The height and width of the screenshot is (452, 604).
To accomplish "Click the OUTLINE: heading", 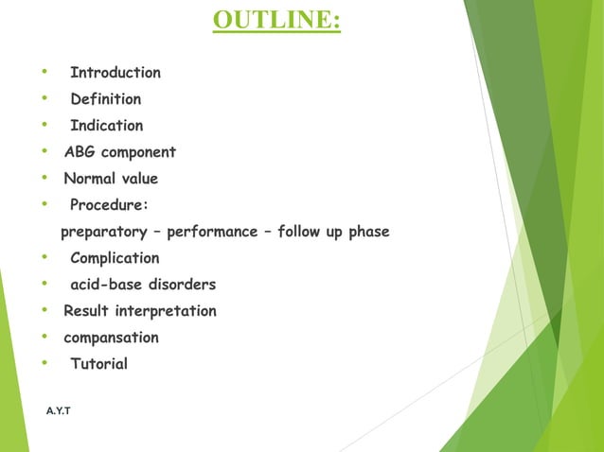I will (276, 20).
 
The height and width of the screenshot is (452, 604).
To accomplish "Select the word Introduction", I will (115, 73).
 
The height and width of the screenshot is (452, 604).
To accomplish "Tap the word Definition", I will (105, 99).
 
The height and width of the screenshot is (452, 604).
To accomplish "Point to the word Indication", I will (107, 126).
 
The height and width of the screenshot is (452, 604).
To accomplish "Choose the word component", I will (138, 152).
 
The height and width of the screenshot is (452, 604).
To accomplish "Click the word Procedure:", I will (109, 205).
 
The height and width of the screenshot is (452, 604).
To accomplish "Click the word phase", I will (367, 232).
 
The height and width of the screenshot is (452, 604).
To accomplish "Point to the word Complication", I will (115, 258).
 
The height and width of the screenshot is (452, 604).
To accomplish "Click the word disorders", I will (182, 285).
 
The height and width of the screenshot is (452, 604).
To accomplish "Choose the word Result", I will (86, 311).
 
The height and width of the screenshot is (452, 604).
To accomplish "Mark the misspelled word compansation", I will (111, 338).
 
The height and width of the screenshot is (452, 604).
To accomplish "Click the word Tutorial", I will (98, 364).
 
